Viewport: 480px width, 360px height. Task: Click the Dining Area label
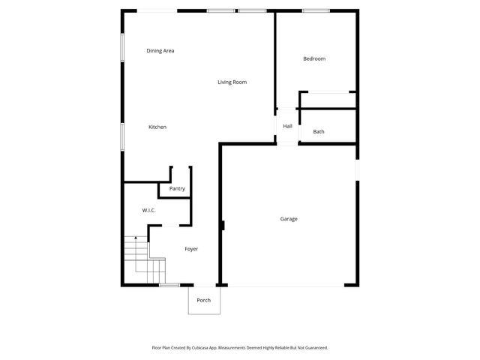pyautogui.click(x=160, y=51)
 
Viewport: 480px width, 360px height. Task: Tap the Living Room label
pyautogui.click(x=232, y=82)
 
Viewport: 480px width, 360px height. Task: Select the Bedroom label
pyautogui.click(x=314, y=58)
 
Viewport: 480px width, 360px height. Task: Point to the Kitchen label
pyautogui.click(x=157, y=127)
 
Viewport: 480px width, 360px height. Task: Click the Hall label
pyautogui.click(x=287, y=126)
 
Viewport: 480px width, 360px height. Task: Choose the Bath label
pyautogui.click(x=319, y=132)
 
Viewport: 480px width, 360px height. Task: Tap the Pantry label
pyautogui.click(x=177, y=188)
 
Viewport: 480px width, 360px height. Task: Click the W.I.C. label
pyautogui.click(x=148, y=211)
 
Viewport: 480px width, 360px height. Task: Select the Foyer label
pyautogui.click(x=191, y=249)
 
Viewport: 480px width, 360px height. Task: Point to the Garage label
pyautogui.click(x=289, y=219)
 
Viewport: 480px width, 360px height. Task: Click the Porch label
pyautogui.click(x=204, y=300)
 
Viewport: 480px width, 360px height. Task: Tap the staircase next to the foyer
pyautogui.click(x=144, y=259)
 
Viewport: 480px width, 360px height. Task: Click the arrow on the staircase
pyautogui.click(x=136, y=238)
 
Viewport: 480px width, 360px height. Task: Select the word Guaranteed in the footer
pyautogui.click(x=313, y=348)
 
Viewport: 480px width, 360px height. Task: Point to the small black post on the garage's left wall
pyautogui.click(x=223, y=225)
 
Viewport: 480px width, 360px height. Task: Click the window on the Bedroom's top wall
pyautogui.click(x=315, y=10)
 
